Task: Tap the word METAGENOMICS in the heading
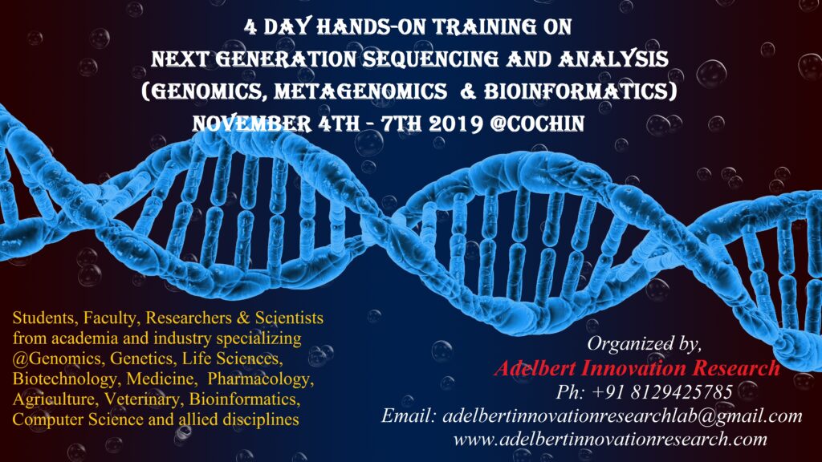[x=360, y=91]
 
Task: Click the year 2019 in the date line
[x=455, y=124]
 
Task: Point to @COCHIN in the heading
[x=537, y=124]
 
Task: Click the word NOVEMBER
[x=251, y=124]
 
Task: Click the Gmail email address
[x=622, y=416]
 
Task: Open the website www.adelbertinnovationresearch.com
[x=610, y=439]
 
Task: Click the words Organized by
[x=644, y=343]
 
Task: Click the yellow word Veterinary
[x=144, y=399]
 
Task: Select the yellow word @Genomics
[x=58, y=359]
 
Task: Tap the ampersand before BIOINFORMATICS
[x=468, y=91]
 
